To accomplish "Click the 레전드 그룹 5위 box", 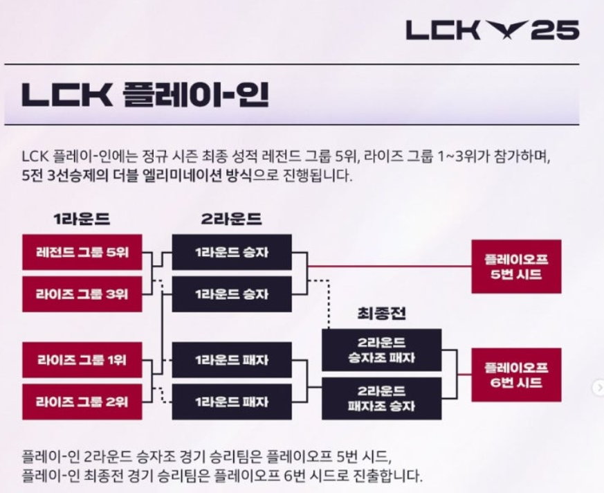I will pyautogui.click(x=82, y=252).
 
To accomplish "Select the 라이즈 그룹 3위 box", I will pyautogui.click(x=82, y=294).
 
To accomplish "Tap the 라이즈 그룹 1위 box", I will pyautogui.click(x=82, y=360).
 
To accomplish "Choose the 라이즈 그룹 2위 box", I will pyautogui.click(x=82, y=402).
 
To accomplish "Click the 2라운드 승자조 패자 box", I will pyautogui.click(x=381, y=350).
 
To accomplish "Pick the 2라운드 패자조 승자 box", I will pyautogui.click(x=381, y=398).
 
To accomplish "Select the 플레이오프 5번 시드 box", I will pyautogui.click(x=515, y=267).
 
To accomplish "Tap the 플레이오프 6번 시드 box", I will pyautogui.click(x=515, y=375).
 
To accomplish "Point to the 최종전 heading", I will pyautogui.click(x=381, y=314).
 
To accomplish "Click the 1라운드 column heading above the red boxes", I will pyautogui.click(x=82, y=219).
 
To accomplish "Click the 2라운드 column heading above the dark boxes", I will pyautogui.click(x=231, y=219).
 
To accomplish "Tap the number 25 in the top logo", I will pyautogui.click(x=558, y=30).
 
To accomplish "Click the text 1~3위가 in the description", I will pyautogui.click(x=471, y=157).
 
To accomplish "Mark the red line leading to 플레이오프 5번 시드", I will pyautogui.click(x=387, y=266).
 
